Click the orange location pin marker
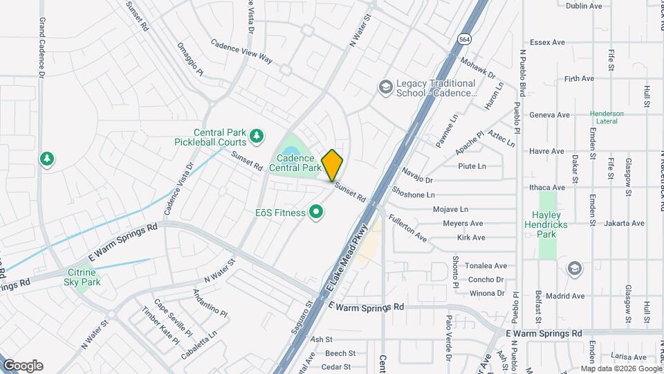(x=333, y=165)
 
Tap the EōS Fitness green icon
(x=317, y=212)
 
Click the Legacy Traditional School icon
(x=385, y=87)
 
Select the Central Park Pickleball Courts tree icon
(x=257, y=136)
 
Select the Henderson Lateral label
(x=607, y=117)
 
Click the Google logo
(x=23, y=366)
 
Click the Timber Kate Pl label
(x=160, y=326)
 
